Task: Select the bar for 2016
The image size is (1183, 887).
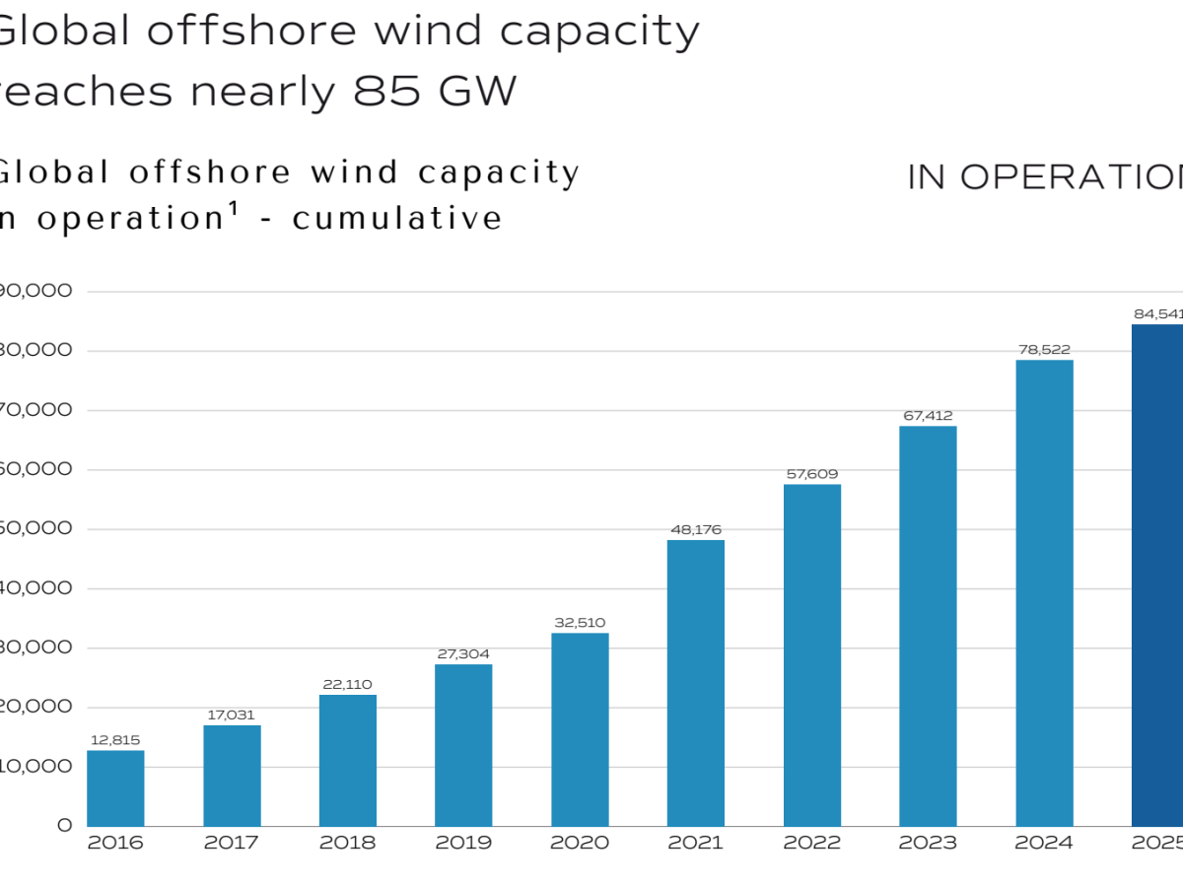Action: pyautogui.click(x=115, y=788)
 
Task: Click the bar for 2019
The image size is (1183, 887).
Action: pyautogui.click(x=463, y=745)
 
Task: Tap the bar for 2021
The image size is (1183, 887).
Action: pyautogui.click(x=696, y=683)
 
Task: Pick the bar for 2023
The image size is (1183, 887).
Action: pyautogui.click(x=928, y=626)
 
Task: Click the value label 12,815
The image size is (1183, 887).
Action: pyautogui.click(x=115, y=740)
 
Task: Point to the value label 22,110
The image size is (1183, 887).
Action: pyautogui.click(x=348, y=685)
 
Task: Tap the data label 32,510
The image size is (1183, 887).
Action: pyautogui.click(x=580, y=623)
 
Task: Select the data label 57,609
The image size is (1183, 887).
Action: pyautogui.click(x=812, y=474)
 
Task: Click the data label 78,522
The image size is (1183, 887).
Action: pyautogui.click(x=1044, y=350)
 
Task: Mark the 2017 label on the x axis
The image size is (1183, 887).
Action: pyautogui.click(x=232, y=844)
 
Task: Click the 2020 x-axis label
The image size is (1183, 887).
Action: pyautogui.click(x=580, y=844)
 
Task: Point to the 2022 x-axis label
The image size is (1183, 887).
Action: pyautogui.click(x=812, y=844)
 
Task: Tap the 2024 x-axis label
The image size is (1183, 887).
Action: pyautogui.click(x=1044, y=844)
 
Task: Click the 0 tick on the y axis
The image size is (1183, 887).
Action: pyautogui.click(x=64, y=825)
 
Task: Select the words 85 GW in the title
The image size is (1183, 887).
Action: pyautogui.click(x=434, y=92)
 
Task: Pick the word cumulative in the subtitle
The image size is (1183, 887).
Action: pyautogui.click(x=397, y=218)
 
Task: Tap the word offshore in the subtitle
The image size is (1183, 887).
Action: pyautogui.click(x=210, y=171)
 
